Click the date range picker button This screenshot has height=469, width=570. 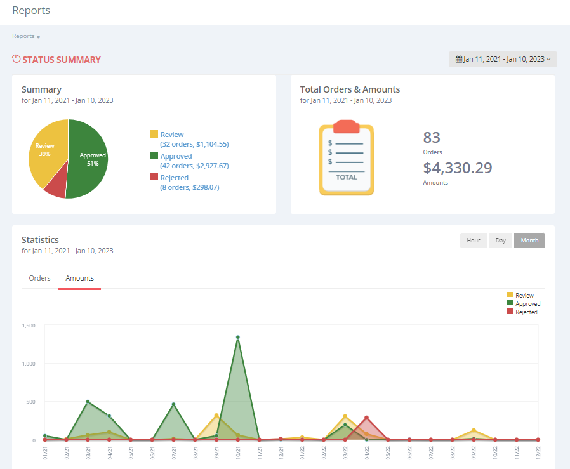point(503,59)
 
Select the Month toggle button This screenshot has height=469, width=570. point(529,241)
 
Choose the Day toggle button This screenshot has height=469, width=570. point(500,241)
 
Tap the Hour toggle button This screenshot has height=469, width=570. point(474,241)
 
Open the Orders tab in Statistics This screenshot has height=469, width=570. point(40,278)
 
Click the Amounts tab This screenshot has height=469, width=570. point(79,278)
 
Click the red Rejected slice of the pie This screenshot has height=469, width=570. point(56,185)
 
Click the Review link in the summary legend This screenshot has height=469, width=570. point(172,135)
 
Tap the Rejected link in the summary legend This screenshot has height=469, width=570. point(174,178)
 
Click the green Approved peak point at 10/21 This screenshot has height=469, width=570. point(238,338)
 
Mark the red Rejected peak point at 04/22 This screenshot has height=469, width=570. point(366,418)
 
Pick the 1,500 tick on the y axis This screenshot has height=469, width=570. point(29,326)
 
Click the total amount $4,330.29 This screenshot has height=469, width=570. point(458,168)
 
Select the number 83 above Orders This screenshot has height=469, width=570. point(432,138)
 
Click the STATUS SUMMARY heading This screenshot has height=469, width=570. point(61,60)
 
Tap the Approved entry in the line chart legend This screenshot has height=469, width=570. point(527,304)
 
